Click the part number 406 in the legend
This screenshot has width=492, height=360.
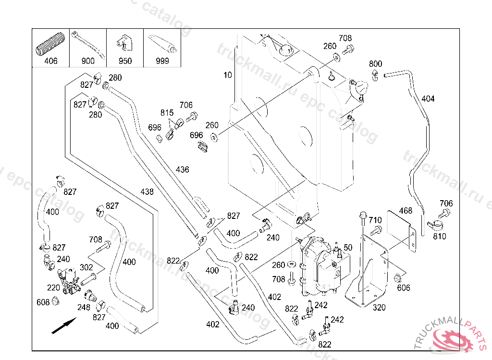50,61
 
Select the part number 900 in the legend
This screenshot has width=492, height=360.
88,61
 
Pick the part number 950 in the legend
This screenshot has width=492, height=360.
125,61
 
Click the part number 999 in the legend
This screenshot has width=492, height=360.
162,61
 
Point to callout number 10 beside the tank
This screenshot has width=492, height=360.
227,75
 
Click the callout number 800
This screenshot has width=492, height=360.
375,64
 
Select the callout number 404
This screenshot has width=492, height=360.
428,99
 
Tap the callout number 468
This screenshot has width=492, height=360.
406,210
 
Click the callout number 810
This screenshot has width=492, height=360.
439,236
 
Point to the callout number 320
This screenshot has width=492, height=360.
379,308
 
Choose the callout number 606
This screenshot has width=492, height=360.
404,288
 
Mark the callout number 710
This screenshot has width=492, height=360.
375,220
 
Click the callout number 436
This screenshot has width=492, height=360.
183,169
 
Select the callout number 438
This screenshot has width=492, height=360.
147,192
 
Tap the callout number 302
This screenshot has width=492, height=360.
86,267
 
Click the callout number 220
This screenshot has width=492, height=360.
53,288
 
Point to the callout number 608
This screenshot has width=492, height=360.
43,302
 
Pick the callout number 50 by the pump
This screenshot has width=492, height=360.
348,247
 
